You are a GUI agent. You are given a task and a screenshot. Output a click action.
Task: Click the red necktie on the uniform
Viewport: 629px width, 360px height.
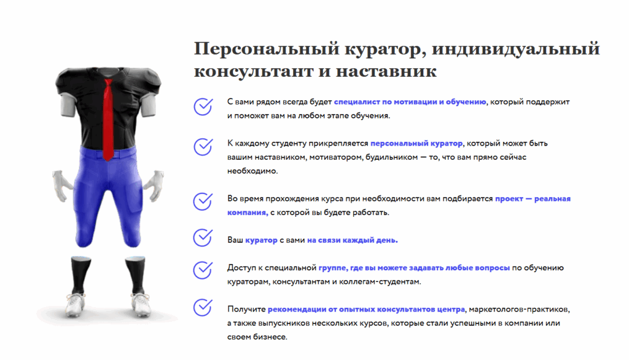tap(108, 119)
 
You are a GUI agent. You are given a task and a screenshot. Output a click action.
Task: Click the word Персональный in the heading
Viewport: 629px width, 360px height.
tap(267, 49)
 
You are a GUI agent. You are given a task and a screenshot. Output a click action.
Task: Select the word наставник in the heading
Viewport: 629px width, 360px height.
tap(386, 72)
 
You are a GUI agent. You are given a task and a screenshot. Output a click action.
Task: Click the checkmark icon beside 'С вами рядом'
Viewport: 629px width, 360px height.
tap(203, 107)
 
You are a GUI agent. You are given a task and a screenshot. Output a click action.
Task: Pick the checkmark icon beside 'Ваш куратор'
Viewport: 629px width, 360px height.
tap(203, 237)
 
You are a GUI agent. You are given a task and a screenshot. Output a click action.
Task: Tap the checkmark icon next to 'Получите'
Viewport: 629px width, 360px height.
tap(203, 307)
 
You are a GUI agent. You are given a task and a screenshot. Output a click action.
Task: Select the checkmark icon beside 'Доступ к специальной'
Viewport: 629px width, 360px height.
tap(203, 270)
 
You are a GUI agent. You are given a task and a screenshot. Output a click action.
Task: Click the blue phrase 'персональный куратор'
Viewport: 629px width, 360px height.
tap(416, 144)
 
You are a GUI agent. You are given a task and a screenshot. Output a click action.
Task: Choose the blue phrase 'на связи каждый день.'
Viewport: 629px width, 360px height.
tap(353, 240)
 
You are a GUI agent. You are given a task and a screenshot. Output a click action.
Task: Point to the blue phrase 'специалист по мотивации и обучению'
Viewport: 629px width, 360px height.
tap(410, 102)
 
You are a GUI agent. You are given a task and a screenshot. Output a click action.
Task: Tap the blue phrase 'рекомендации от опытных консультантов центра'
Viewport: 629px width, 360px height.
tap(366, 310)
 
